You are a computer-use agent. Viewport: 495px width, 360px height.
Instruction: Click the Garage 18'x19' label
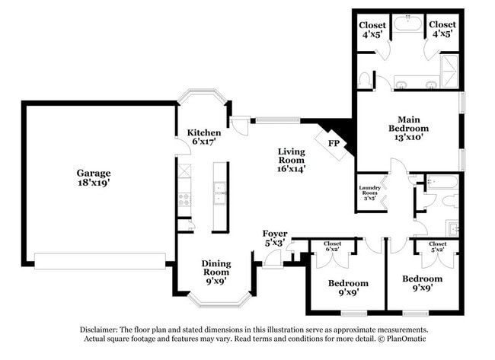pos(93,178)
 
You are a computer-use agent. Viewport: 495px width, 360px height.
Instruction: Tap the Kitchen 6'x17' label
pos(204,137)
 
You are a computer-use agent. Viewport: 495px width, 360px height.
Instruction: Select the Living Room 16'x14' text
pos(291,161)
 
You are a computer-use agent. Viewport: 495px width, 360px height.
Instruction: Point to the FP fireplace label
pos(334,143)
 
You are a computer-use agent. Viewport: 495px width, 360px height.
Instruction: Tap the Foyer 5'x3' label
pos(274,238)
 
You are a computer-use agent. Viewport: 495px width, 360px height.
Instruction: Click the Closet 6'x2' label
pos(333,247)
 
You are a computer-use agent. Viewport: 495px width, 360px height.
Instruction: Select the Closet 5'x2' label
pos(437,247)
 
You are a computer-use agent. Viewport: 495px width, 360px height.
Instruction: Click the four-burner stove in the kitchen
pos(184,199)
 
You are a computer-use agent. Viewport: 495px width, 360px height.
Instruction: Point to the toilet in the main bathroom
pos(365,79)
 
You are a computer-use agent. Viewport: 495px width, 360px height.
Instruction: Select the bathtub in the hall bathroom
pos(442,181)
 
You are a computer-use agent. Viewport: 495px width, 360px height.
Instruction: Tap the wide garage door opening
pos(100,261)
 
